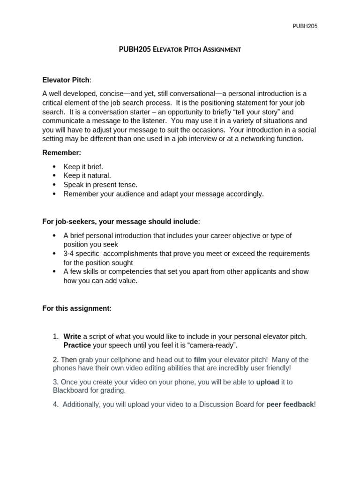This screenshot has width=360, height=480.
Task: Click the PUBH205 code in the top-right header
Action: click(x=305, y=26)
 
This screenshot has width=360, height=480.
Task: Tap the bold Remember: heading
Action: click(x=62, y=153)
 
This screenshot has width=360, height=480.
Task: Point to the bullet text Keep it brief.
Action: click(x=83, y=167)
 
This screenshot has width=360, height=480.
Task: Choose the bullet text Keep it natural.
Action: click(x=87, y=176)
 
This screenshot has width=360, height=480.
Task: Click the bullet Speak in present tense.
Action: click(x=101, y=185)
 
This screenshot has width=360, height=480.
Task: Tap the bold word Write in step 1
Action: click(x=72, y=337)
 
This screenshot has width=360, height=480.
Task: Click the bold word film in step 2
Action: click(x=200, y=360)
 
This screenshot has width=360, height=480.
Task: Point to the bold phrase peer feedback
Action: click(x=290, y=405)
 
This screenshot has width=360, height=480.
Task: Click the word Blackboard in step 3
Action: click(x=71, y=390)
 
